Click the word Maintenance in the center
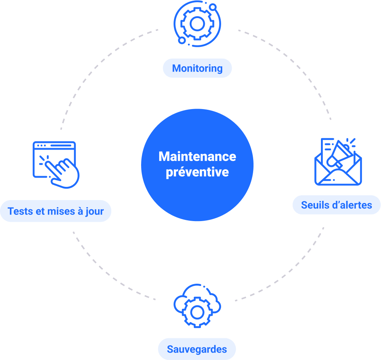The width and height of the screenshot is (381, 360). (x=197, y=157)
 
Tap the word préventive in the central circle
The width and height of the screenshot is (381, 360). (x=197, y=172)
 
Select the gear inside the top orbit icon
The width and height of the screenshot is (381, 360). (x=197, y=24)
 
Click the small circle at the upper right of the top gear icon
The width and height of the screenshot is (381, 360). (x=213, y=7)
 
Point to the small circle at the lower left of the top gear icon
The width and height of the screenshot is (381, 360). (x=182, y=40)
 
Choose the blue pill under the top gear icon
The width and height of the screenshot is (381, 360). (x=197, y=68)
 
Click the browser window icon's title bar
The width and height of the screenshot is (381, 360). (x=54, y=146)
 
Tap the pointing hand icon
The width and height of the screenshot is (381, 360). (x=65, y=171)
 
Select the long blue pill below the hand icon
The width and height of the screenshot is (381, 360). (x=55, y=211)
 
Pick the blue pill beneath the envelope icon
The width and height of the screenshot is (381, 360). (x=336, y=205)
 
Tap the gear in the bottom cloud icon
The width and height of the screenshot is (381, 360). (x=197, y=312)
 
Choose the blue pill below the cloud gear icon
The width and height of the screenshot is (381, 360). (x=197, y=349)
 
